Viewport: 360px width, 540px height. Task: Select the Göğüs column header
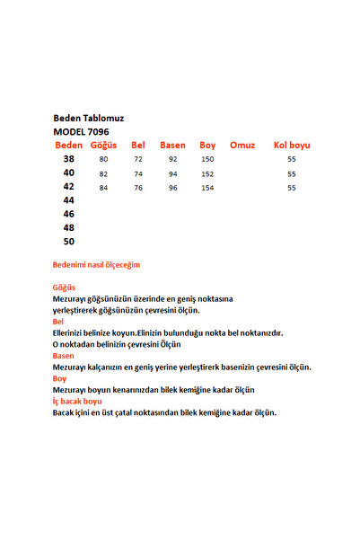pos(104,145)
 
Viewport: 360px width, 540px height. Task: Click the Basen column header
pos(172,145)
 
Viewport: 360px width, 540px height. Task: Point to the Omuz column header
pos(242,145)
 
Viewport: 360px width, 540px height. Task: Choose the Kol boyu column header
pos(291,145)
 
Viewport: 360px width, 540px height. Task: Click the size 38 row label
pos(69,159)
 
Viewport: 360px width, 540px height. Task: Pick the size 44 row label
pos(69,200)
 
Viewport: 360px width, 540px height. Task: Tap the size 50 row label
pos(69,242)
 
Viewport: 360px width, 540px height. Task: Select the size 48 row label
pos(69,228)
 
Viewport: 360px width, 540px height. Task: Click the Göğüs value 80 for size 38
pos(104,160)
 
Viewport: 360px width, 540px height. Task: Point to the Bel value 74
pos(138,173)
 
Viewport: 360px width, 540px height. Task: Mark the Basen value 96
pos(172,188)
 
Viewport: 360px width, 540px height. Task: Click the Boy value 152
pos(207,173)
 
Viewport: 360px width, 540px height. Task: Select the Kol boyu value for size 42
pos(292,188)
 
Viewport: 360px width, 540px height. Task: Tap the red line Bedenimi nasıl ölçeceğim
pos(96,265)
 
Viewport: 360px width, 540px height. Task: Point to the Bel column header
pos(138,145)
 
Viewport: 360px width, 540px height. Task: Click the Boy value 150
pos(207,160)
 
